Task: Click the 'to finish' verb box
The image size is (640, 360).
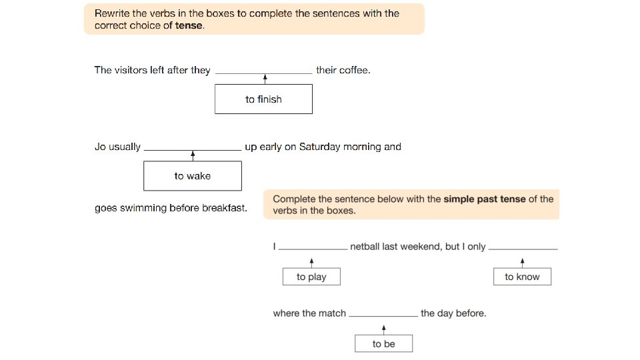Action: [x=263, y=99]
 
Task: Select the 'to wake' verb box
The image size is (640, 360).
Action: [x=193, y=176]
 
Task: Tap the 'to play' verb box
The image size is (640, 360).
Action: [x=311, y=277]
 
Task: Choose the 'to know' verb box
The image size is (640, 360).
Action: [x=522, y=277]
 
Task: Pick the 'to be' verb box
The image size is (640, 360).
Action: [x=383, y=344]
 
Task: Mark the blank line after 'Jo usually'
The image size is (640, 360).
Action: [x=193, y=149]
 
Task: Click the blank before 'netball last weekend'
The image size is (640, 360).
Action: [x=313, y=249]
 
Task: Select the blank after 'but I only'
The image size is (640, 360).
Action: [x=523, y=249]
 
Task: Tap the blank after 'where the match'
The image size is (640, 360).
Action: [x=383, y=315]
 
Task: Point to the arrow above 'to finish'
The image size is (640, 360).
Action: [x=265, y=79]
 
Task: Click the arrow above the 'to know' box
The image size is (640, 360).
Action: [x=522, y=262]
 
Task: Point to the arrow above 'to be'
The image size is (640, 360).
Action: [x=384, y=329]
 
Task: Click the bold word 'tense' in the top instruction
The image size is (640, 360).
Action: [x=189, y=26]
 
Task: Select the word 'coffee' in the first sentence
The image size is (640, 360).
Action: [x=354, y=70]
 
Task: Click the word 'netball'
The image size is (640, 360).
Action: [x=368, y=246]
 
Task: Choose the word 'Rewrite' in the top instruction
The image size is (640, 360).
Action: [x=113, y=13]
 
